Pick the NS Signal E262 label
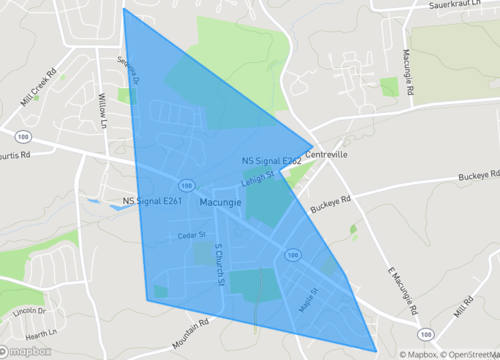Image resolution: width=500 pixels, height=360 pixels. click(271, 160)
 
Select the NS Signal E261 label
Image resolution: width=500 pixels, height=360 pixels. click(152, 201)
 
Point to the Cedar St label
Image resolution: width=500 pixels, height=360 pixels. click(190, 236)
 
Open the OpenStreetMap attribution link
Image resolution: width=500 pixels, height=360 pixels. click(463, 353)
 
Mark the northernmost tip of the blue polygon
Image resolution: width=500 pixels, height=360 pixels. click(123, 9)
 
